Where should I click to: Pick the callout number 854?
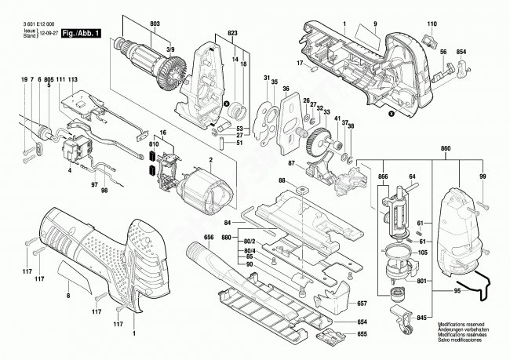[461, 51]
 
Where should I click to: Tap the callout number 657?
[362, 303]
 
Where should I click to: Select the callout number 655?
[362, 334]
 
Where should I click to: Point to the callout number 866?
[382, 178]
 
